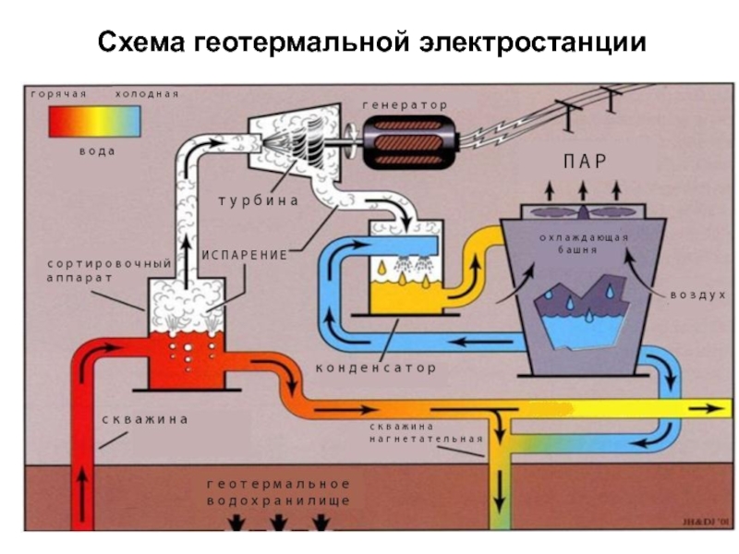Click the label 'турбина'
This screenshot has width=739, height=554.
point(259,200)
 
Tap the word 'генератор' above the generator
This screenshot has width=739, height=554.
point(405,105)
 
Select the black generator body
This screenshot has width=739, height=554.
point(408,142)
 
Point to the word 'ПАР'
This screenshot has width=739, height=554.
point(585,162)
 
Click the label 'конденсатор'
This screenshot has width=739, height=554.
point(376,367)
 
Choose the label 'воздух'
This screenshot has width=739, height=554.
point(698,295)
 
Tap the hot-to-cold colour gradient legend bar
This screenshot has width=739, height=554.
point(94,121)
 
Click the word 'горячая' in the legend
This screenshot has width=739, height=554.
point(59,94)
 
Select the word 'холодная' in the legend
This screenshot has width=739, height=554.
point(147,94)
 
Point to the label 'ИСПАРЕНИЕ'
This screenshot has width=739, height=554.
point(245,256)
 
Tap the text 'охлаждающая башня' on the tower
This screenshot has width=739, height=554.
point(584,243)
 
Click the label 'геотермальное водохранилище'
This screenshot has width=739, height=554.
point(279,492)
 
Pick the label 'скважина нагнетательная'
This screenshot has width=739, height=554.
point(426,432)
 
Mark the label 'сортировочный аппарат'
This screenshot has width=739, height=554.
point(109,270)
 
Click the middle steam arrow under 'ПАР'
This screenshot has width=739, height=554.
point(583,190)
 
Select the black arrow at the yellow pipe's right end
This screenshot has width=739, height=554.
point(705,408)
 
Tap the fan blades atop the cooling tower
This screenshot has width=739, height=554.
point(583,212)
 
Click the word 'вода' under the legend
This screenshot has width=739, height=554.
point(97,151)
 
